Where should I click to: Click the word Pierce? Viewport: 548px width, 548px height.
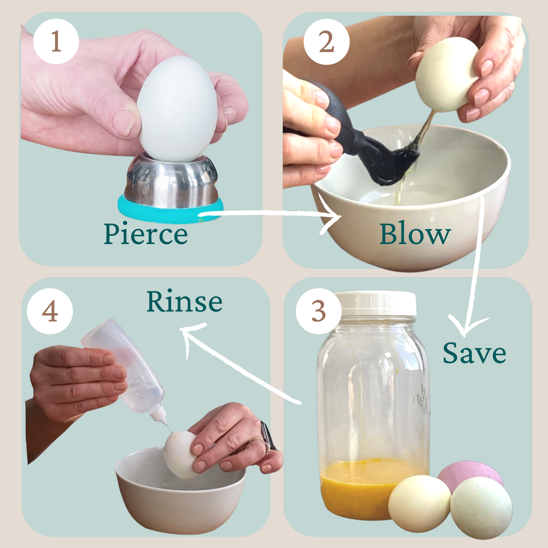146,234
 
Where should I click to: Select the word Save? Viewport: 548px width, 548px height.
474,353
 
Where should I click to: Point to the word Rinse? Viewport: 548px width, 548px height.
184,301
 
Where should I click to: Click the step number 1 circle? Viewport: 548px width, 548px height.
56,41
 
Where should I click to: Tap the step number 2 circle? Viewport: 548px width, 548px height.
327,42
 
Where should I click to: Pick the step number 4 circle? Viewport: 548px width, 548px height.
50,312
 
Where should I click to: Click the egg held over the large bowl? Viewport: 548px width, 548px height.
445,75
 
